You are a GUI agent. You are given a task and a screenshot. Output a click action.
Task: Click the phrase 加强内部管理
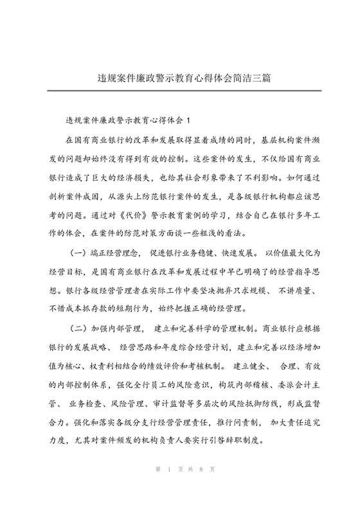point(125,328)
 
